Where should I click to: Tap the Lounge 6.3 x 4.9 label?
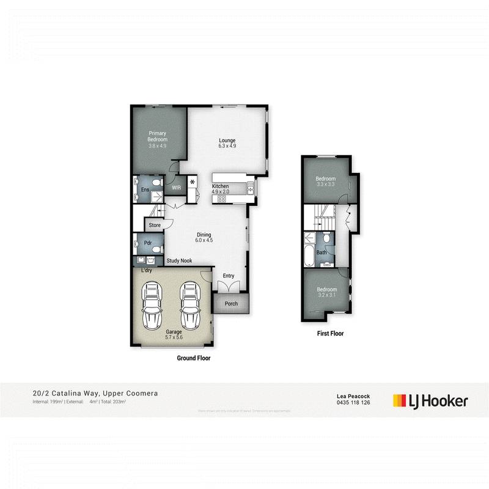coord(227,143)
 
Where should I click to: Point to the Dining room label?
coord(204,237)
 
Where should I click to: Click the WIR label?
coord(177,188)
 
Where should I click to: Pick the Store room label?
coord(154,226)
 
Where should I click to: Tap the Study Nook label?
coord(180,261)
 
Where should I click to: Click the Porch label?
coord(231,303)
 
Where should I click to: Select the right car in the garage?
coord(191,306)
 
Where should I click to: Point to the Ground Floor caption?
coord(194,359)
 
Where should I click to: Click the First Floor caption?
coord(331,334)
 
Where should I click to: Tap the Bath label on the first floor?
coord(322,252)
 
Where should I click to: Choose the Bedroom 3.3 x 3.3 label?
coord(326,182)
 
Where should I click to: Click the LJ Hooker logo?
coord(430,401)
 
